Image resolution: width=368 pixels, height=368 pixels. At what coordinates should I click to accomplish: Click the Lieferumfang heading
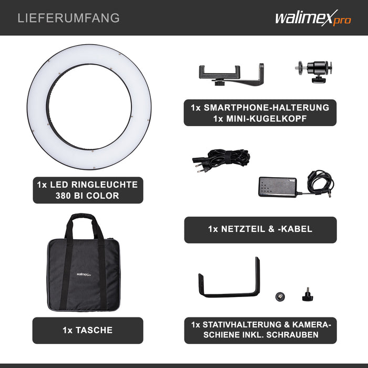coord(68,18)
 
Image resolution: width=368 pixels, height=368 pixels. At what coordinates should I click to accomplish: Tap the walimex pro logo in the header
coord(312,18)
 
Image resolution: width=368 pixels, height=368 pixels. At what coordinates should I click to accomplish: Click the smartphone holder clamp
coord(231,73)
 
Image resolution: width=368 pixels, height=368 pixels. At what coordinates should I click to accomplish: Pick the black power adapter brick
coord(277,186)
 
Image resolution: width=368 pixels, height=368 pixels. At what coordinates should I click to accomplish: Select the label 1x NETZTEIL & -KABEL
coord(260,229)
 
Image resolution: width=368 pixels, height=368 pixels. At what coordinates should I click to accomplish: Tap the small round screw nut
coord(280,295)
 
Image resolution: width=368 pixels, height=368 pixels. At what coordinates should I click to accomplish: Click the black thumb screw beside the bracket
coord(308,295)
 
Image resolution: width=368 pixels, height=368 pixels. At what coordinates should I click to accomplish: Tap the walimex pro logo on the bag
coord(84,273)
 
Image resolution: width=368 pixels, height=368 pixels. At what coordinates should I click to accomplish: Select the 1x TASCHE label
coord(87,330)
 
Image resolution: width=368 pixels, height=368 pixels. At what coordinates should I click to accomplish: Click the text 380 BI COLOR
coord(87,196)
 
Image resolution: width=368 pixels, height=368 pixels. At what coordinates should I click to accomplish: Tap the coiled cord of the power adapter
coord(321,181)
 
